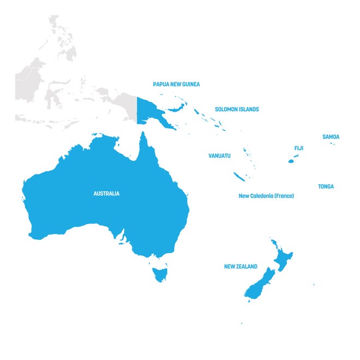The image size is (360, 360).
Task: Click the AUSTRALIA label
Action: [x=106, y=194]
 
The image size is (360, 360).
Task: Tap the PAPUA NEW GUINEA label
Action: [x=176, y=85]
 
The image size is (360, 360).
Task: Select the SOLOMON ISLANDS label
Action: [x=237, y=109]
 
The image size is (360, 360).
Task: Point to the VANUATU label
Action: [x=219, y=156]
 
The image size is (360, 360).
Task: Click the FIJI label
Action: [x=299, y=148]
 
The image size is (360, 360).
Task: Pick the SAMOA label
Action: [x=331, y=137]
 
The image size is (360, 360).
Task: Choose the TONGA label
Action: [x=326, y=187]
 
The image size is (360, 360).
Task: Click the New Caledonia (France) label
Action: [x=266, y=196]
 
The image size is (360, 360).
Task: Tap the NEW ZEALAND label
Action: [x=241, y=267]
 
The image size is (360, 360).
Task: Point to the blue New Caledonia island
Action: [x=239, y=177]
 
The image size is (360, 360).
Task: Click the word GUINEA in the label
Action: [x=190, y=85]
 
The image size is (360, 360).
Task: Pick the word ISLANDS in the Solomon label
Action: [x=248, y=109]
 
